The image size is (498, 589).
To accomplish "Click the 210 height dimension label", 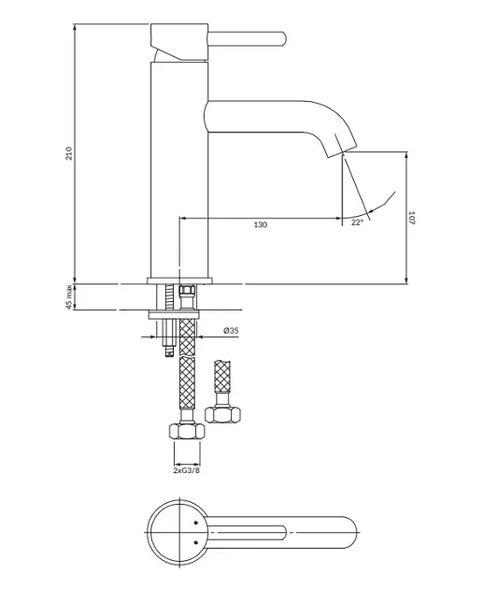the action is (69, 153).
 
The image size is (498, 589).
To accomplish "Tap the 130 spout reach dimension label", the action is (261, 224).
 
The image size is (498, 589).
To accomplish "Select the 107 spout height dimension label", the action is (411, 218).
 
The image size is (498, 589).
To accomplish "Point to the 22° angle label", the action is (357, 223).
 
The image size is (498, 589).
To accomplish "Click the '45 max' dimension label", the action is (69, 297).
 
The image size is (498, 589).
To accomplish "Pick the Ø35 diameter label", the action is (231, 331).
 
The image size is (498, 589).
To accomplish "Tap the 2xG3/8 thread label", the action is (187, 470).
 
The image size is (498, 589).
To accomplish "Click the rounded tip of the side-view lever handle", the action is (285, 39).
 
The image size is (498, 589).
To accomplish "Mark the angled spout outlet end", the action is (342, 151).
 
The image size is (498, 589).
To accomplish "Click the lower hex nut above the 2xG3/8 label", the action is (187, 431).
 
